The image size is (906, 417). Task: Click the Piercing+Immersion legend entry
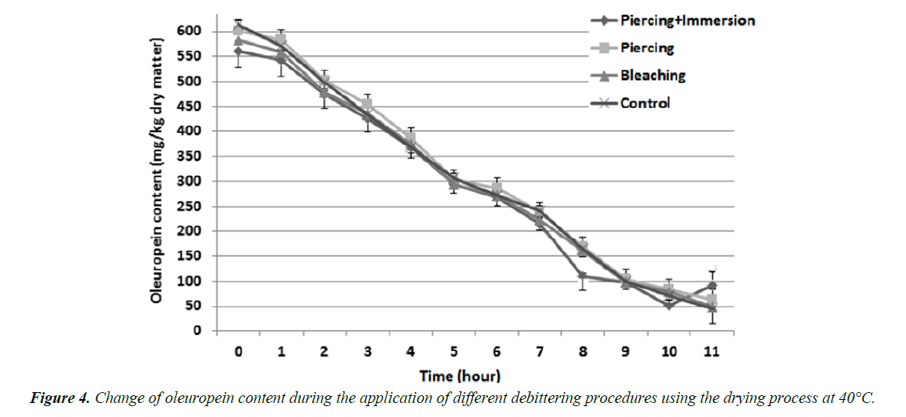(x=687, y=20)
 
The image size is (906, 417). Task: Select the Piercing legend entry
(x=647, y=47)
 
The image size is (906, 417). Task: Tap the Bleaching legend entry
(x=652, y=75)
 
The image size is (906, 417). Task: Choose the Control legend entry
(x=645, y=103)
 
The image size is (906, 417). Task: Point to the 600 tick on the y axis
(x=191, y=31)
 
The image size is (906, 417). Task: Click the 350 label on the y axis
(x=191, y=156)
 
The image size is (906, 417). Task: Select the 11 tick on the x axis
(x=711, y=352)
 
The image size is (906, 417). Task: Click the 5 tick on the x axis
(x=454, y=352)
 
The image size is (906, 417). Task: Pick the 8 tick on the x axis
(x=583, y=352)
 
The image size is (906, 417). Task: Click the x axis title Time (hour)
(x=460, y=377)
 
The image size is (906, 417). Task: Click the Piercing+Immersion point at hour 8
(x=583, y=276)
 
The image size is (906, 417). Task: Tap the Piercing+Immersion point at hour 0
(x=239, y=50)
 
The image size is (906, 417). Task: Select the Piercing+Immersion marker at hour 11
(x=711, y=286)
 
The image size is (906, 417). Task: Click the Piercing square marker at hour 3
(x=368, y=104)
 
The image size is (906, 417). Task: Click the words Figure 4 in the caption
(x=60, y=398)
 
